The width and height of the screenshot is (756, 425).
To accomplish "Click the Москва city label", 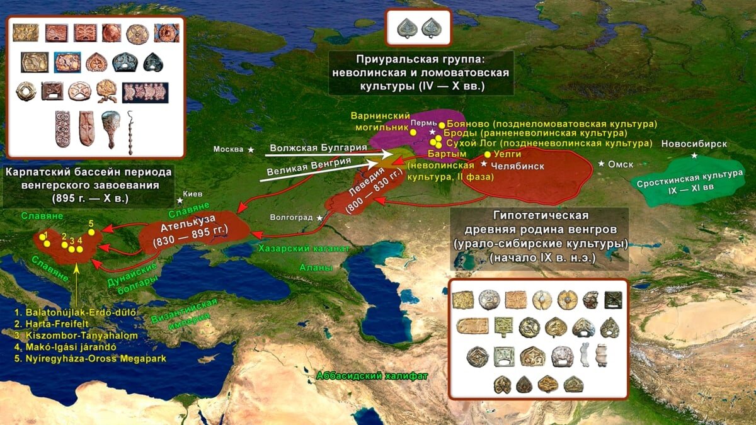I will pyautogui.click(x=227, y=149).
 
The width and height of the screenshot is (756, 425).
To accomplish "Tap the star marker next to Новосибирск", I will pyautogui.click(x=694, y=156).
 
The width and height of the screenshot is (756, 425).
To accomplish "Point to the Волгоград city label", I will pyautogui.click(x=291, y=217).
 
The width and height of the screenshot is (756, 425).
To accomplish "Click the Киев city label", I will pyautogui.click(x=193, y=194).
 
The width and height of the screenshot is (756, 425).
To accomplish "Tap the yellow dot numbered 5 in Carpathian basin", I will pyautogui.click(x=91, y=232).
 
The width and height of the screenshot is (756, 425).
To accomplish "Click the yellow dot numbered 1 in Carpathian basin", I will pyautogui.click(x=47, y=243).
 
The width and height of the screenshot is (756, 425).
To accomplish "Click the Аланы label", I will pyautogui.click(x=319, y=268).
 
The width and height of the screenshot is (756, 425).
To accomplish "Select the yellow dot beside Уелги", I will pyautogui.click(x=487, y=154).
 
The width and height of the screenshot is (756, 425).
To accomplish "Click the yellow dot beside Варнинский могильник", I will pyautogui.click(x=413, y=132).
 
